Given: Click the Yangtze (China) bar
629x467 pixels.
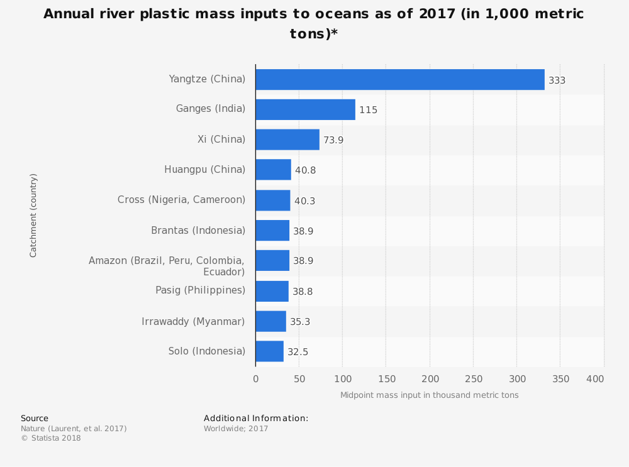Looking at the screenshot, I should click(x=399, y=79).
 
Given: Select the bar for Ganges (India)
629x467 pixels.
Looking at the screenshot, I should click(x=305, y=109).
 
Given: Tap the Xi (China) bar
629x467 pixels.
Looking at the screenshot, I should click(x=287, y=140).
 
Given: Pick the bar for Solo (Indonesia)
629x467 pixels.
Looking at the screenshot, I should click(x=269, y=351).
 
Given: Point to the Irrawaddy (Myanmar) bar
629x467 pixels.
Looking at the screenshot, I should click(x=270, y=321).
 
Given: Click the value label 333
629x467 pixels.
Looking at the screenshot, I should click(x=557, y=80).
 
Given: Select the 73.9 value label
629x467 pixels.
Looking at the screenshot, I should click(x=333, y=140).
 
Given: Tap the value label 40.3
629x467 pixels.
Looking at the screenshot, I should click(x=304, y=201).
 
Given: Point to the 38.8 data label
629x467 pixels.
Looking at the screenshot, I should click(x=303, y=292).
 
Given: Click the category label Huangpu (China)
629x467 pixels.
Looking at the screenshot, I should click(x=204, y=169).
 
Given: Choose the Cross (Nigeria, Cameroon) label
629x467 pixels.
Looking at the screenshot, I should click(x=181, y=199).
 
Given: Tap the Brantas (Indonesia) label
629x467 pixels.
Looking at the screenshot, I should click(x=198, y=230).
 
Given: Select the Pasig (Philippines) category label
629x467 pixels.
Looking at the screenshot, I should click(x=200, y=290).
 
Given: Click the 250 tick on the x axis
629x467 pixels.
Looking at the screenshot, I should click(x=473, y=379).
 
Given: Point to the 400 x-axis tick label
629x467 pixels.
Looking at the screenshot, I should click(x=595, y=379).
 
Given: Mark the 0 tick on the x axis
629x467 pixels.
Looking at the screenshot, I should click(x=255, y=379).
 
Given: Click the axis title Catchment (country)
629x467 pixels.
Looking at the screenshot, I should click(x=33, y=215).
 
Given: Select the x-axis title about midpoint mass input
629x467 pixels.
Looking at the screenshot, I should click(x=429, y=395).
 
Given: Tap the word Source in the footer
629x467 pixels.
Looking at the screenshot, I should click(x=35, y=419).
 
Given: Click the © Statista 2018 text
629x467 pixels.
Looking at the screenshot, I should click(x=50, y=438).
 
